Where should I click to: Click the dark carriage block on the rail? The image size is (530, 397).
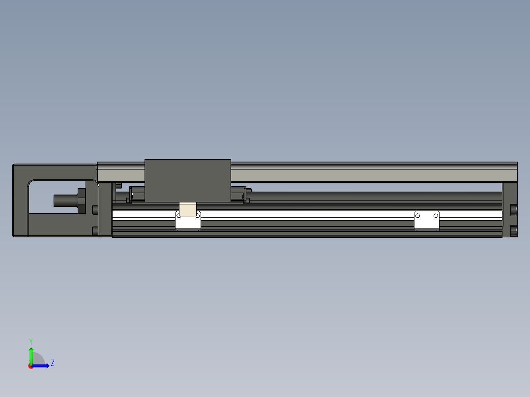[x=188, y=180]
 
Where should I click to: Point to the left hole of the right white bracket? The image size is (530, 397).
[x=418, y=216]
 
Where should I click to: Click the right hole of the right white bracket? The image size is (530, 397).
[x=435, y=216]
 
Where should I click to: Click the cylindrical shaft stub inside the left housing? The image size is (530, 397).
[x=64, y=200]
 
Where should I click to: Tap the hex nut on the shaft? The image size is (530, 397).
[x=82, y=200]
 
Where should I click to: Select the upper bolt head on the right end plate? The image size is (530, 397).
[x=514, y=210]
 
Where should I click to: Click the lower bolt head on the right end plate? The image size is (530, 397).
[x=514, y=230]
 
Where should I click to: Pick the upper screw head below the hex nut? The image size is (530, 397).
[x=95, y=210]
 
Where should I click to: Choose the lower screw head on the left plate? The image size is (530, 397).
[x=95, y=231]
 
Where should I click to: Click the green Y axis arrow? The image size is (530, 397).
[x=31, y=355]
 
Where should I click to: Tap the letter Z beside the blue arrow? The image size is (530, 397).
[x=52, y=363]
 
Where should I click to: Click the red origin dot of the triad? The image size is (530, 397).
[x=31, y=366]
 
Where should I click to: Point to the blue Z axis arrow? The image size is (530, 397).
[x=42, y=366]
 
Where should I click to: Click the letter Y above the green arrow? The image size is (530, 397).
[x=30, y=341]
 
